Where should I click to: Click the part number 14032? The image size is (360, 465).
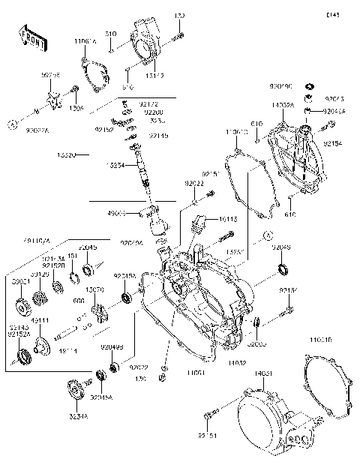coord(227,362)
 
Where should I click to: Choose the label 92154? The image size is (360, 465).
coord(332,142)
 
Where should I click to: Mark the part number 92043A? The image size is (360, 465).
coord(334,111)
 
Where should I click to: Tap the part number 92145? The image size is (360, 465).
coord(158,136)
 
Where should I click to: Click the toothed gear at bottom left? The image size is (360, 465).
coord(77,391)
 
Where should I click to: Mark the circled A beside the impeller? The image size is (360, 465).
coord(13,121)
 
